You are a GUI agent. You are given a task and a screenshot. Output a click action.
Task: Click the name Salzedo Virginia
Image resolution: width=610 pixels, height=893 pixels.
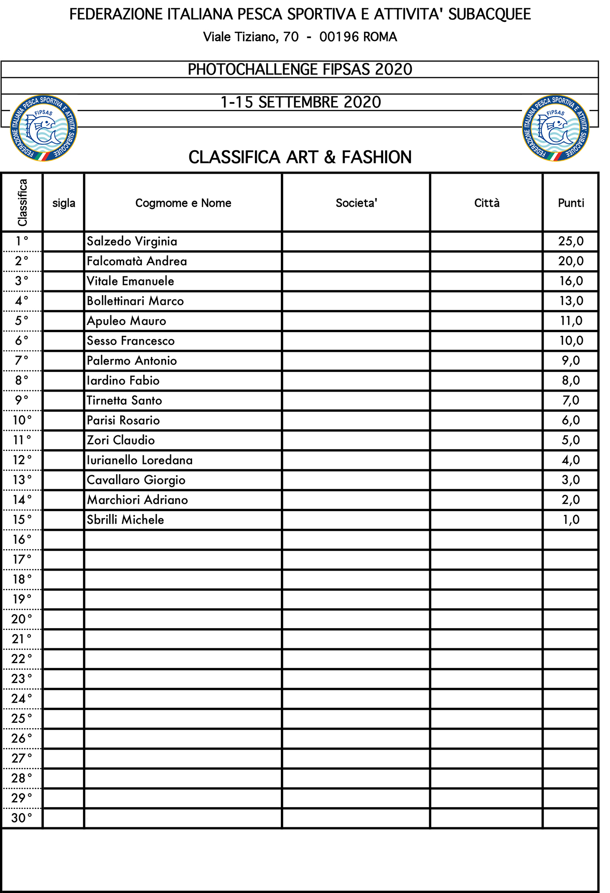point(132,242)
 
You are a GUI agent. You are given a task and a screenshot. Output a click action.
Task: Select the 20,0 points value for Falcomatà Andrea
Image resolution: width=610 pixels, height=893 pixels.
point(571,261)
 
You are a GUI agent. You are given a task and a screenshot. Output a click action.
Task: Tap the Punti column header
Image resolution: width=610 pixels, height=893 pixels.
point(571,203)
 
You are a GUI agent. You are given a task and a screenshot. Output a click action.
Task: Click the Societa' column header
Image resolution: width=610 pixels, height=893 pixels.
point(356,203)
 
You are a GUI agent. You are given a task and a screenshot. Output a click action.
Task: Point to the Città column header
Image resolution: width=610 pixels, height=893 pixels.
point(487,203)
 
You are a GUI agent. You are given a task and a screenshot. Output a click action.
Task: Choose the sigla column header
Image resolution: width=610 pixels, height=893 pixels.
point(64,203)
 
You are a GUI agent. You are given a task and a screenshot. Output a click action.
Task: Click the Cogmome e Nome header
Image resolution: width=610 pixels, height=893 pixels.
point(183,203)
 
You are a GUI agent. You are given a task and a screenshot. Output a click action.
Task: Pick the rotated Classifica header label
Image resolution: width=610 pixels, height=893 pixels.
point(22,202)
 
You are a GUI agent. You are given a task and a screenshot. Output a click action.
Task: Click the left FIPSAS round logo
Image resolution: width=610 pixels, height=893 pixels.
point(44,128)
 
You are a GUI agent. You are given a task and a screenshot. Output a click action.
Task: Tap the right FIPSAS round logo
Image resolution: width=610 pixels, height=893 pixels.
point(556,128)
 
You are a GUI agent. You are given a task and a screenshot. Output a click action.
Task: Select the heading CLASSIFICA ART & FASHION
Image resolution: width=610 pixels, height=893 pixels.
point(300,158)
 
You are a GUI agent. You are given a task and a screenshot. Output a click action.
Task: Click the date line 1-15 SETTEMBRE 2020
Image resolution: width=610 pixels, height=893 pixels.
point(301,102)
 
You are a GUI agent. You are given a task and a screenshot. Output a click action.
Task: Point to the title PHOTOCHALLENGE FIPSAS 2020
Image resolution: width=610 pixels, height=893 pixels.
point(300,70)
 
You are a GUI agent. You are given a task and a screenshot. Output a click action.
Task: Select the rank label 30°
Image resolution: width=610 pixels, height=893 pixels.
point(22,818)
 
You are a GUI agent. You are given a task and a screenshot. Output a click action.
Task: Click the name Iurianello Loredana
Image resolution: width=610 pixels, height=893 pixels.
point(140,460)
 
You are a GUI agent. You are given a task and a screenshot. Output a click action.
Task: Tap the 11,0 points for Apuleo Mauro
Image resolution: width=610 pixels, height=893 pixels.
point(571,321)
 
